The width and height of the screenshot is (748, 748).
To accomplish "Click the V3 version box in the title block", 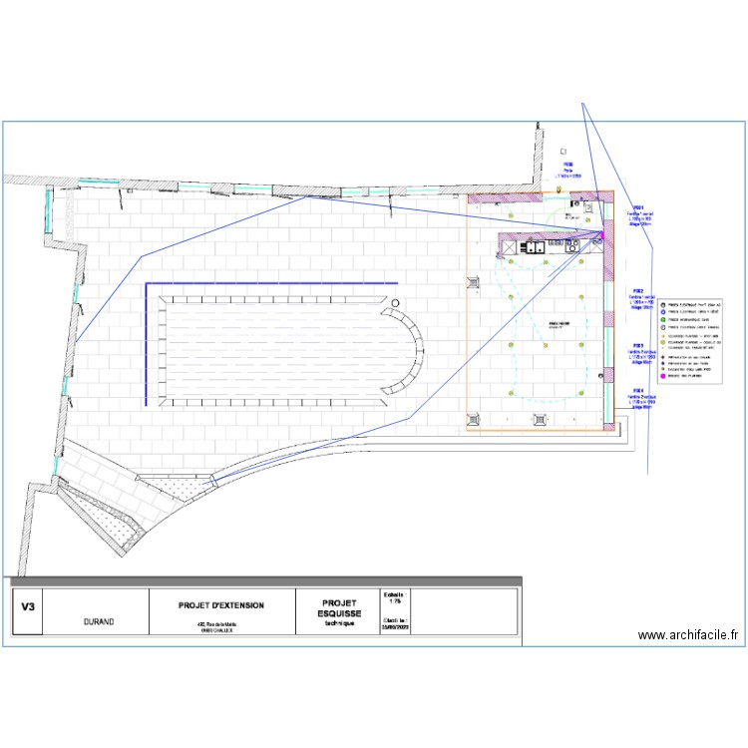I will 27,604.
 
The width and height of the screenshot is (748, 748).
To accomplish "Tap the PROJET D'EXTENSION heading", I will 221,605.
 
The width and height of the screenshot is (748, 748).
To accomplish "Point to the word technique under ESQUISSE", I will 340,623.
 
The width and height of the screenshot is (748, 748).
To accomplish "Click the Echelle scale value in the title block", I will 394,600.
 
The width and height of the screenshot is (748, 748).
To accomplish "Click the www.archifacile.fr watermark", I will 688,634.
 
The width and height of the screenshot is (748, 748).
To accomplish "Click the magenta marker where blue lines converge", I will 601,235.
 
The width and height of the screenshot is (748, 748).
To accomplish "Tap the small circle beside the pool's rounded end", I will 396,301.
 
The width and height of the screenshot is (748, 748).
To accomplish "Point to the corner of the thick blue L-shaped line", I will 148,284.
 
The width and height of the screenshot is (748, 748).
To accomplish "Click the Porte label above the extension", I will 567,171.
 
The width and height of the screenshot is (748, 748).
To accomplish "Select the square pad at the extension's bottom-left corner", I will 473,419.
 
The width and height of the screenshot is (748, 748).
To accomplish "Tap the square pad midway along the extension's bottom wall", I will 541,419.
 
